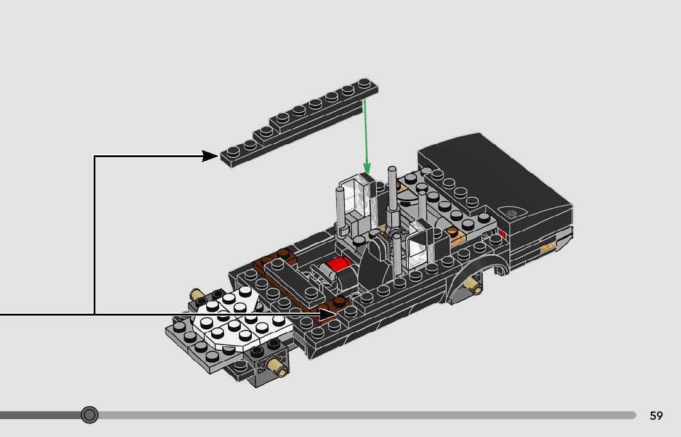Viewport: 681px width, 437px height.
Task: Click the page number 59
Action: pyautogui.click(x=656, y=415)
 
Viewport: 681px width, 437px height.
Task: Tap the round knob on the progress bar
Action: pyautogui.click(x=89, y=415)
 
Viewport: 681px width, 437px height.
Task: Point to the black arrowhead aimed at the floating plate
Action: pyautogui.click(x=210, y=156)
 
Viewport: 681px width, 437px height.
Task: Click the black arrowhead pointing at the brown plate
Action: pyautogui.click(x=328, y=314)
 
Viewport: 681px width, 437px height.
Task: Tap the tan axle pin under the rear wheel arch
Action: pyautogui.click(x=472, y=285)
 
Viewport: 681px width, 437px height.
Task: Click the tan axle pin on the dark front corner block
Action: pyautogui.click(x=277, y=366)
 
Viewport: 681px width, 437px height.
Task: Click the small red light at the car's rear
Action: pyautogui.click(x=502, y=234)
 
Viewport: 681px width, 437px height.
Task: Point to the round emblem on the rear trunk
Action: pyautogui.click(x=512, y=213)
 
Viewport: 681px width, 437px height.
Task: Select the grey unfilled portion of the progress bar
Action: pyautogui.click(x=367, y=415)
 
